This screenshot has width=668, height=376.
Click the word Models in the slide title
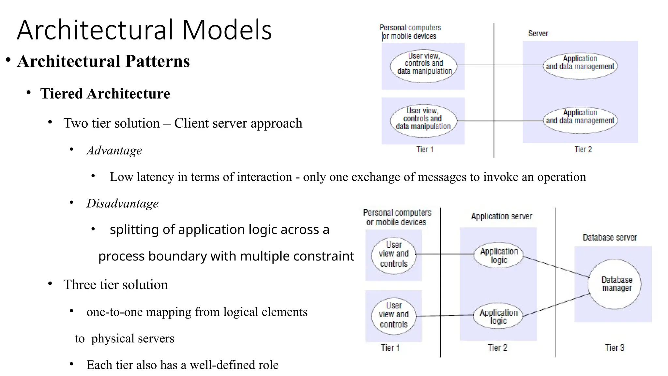[227, 30]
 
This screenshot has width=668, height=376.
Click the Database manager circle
[615, 284]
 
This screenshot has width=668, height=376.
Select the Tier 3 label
[615, 348]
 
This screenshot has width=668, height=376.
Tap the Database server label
[610, 237]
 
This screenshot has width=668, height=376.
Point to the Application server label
[501, 216]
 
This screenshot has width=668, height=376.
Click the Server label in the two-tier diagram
[538, 33]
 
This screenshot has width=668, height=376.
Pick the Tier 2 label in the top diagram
[583, 149]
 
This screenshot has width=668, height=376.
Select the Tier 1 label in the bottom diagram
[390, 348]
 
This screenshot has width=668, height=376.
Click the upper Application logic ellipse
[498, 255]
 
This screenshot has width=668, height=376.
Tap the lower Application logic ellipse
[498, 316]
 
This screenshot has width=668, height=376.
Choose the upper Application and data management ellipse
[580, 66]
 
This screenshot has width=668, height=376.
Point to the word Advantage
[114, 150]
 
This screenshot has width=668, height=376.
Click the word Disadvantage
[122, 203]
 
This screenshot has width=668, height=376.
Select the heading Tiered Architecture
[105, 94]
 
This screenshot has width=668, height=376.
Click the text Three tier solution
[115, 285]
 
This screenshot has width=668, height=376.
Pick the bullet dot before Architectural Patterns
[8, 60]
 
